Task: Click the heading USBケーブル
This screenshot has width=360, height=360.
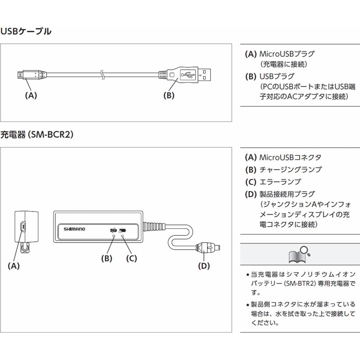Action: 26,31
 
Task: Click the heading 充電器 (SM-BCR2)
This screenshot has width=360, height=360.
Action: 37,135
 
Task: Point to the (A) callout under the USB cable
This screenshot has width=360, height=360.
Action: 30,95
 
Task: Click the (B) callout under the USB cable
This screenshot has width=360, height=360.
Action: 168,95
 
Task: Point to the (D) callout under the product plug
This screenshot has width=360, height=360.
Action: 204,265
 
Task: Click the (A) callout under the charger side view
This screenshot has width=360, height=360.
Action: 14,265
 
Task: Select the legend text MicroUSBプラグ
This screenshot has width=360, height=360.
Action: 287,54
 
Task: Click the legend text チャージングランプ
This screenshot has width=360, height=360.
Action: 290,170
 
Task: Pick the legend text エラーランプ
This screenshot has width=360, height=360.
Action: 280,182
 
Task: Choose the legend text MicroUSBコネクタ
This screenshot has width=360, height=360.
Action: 290,157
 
